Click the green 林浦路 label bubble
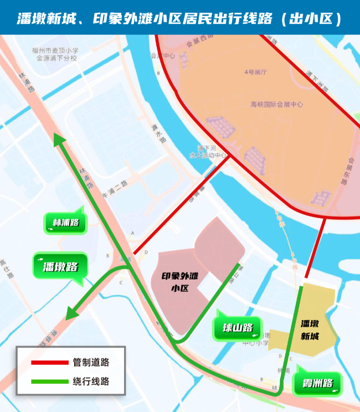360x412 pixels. point(65,223)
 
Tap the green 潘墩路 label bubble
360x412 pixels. point(60,266)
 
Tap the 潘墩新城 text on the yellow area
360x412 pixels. point(311,329)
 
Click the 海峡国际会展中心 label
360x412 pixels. point(276,104)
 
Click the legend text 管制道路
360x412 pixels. point(91,363)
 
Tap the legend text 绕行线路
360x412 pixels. point(91,382)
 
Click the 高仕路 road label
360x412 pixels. point(7,270)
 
